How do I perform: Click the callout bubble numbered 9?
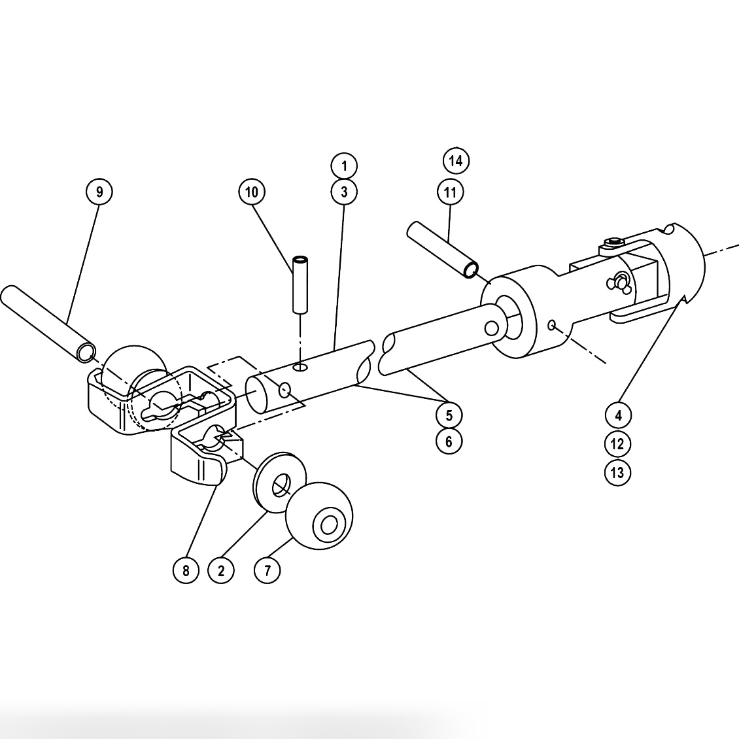pos(99,192)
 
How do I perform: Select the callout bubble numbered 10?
pos(252,192)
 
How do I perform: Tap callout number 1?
pos(345,165)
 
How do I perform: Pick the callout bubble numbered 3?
pos(345,192)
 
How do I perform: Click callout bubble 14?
pos(456,161)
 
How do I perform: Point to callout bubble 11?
pos(450,192)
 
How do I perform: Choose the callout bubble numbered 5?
pos(449,415)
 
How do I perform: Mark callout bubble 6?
pos(449,441)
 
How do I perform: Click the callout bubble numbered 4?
pos(618,415)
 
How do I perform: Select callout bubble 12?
pos(618,444)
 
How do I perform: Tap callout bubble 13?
pos(618,472)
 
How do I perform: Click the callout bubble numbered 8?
pos(186,570)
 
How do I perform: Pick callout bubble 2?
pos(221,570)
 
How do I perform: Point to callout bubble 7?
pos(267,570)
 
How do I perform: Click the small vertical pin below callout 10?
pos(300,284)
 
